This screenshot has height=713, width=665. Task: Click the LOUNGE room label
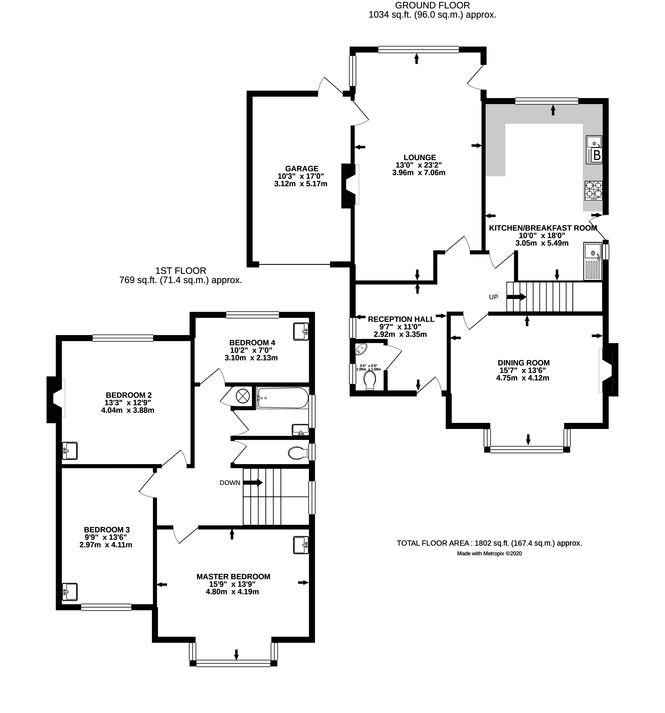[419, 158]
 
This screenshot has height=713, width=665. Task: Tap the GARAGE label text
[302, 169]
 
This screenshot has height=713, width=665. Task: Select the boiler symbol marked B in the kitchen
[597, 155]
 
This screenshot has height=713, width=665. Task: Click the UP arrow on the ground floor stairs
[516, 297]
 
